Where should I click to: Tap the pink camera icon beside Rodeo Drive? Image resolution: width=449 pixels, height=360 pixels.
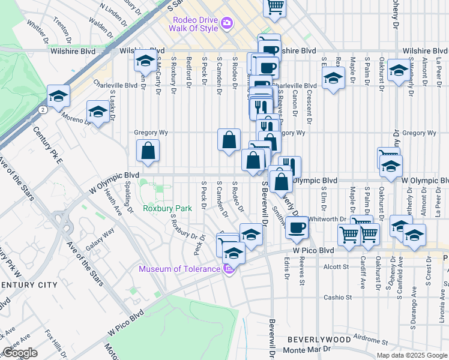tap(227, 23)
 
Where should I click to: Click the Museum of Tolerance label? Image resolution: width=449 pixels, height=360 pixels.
tap(180, 269)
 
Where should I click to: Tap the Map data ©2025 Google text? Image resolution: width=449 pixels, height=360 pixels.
tap(412, 355)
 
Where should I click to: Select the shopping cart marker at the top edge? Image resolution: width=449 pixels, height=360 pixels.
tap(274, 7)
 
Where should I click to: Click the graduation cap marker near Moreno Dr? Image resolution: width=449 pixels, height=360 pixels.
tap(98, 112)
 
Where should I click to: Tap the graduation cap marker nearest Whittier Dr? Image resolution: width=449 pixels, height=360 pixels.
tap(58, 96)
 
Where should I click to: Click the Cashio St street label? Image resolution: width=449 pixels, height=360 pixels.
tap(337, 297)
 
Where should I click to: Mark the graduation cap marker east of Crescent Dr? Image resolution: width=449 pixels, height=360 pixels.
tap(333, 78)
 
